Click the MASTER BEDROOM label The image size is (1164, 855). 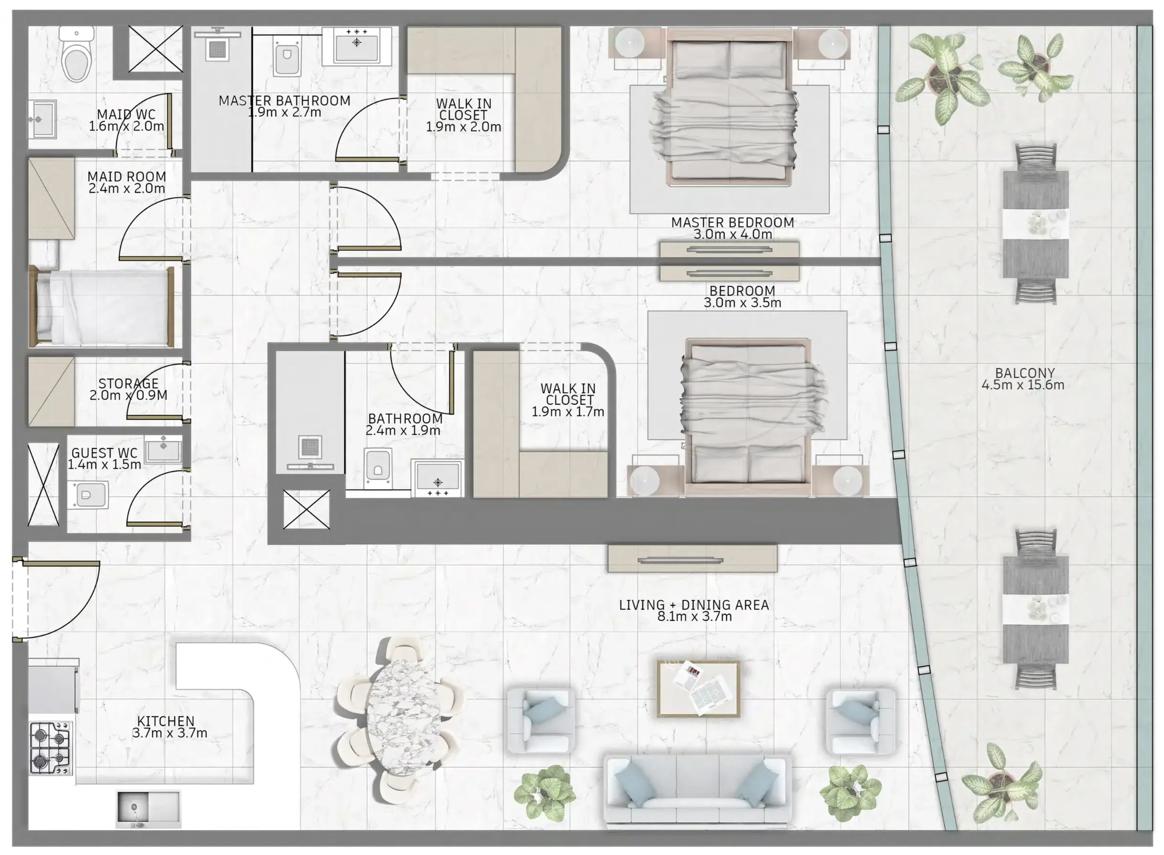point(732,223)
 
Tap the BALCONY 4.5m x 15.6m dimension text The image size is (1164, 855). point(1023,385)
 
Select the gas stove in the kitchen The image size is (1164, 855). point(51,748)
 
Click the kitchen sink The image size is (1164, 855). point(148,808)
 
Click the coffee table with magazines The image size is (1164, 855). point(698,688)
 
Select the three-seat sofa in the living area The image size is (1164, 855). point(698,791)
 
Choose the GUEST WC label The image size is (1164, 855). point(105,453)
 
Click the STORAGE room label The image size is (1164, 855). point(128,384)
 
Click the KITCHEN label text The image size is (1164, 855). point(166,721)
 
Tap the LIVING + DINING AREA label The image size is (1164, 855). point(694,605)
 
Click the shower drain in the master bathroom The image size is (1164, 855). point(217,50)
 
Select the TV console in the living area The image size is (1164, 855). point(692,558)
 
